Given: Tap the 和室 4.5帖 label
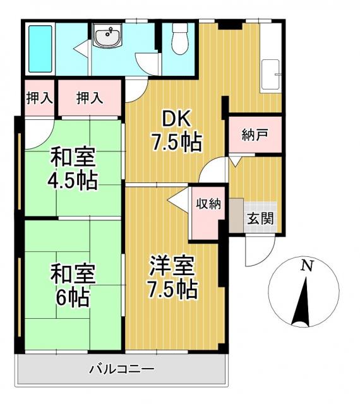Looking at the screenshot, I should pos(73,169).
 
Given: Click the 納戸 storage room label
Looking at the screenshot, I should pos(253,135).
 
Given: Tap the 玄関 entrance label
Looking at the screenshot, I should pos(259,220).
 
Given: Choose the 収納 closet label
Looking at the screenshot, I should pos(207,204).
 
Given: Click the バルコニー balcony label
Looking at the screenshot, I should pos(120,369).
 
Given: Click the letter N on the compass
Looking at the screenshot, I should pos(306,266).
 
